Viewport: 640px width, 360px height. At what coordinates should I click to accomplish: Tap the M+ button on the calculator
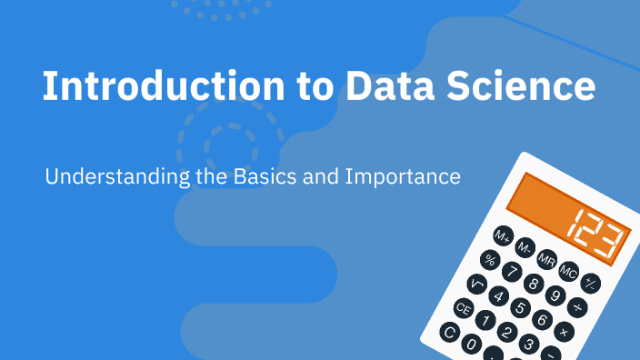(x=504, y=236)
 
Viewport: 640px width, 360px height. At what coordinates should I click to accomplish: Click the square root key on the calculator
(x=476, y=284)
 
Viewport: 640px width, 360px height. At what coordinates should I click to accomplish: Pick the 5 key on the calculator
(x=520, y=307)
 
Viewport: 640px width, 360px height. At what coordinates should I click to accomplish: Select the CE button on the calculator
(x=464, y=309)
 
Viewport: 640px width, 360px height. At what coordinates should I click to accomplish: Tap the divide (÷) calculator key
(x=577, y=307)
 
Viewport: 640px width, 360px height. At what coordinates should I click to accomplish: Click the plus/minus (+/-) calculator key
(x=590, y=283)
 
